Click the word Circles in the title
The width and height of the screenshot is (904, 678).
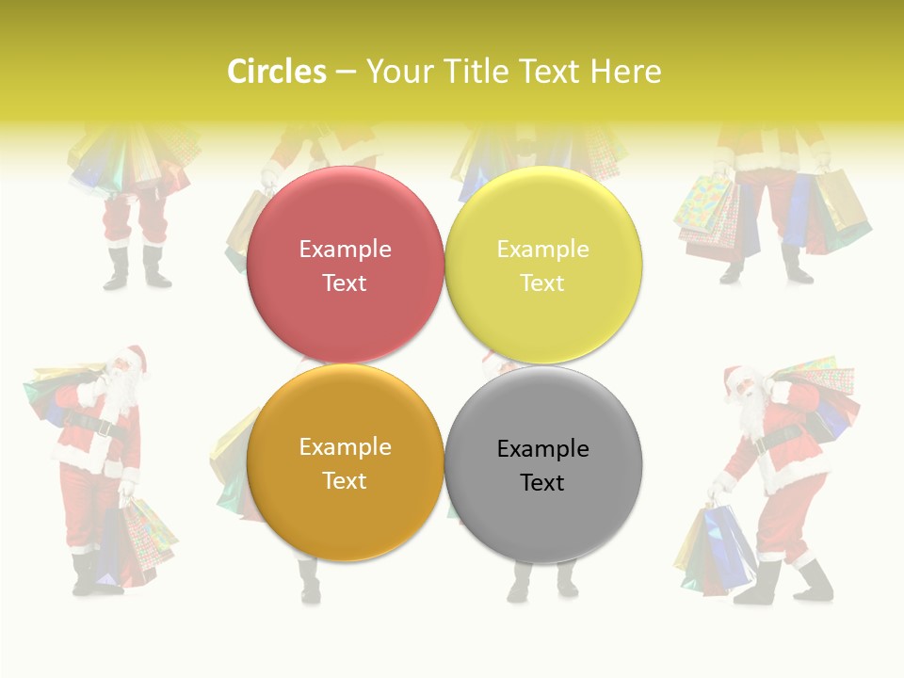(x=276, y=72)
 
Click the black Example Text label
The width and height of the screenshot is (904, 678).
(x=542, y=465)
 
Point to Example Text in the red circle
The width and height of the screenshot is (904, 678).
(x=345, y=266)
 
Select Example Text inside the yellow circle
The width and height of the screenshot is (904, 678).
(x=542, y=266)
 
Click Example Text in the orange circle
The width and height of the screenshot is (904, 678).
(x=345, y=463)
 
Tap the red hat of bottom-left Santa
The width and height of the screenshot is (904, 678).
(x=135, y=357)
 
